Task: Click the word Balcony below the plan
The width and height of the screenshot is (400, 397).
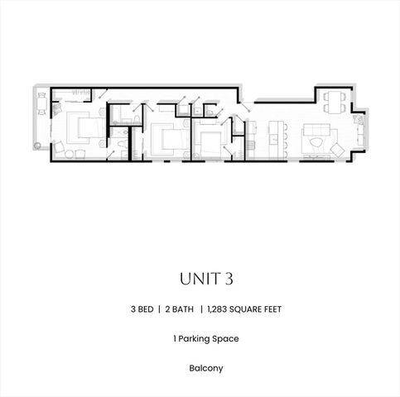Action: point(200,367)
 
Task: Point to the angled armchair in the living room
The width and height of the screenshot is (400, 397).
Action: point(337,149)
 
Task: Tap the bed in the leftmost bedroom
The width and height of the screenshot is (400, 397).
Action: point(84,129)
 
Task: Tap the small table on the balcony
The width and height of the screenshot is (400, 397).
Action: point(42,104)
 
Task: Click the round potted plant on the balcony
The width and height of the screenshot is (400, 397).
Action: point(38,146)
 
